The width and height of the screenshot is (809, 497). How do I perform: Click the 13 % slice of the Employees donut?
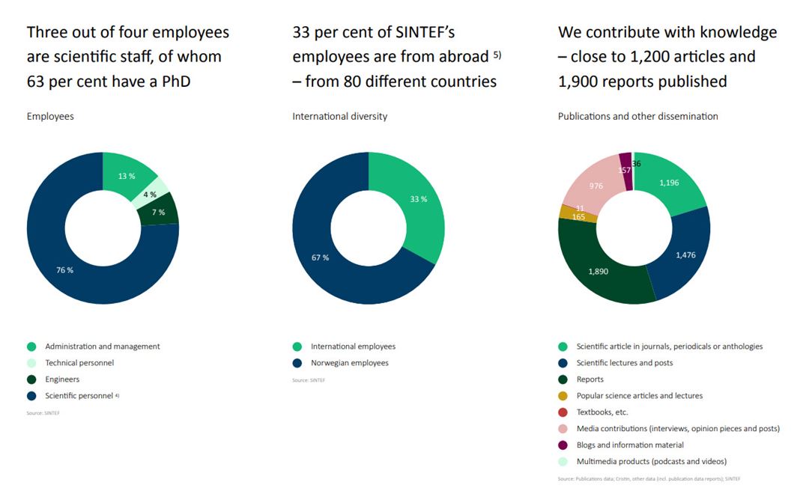click(127, 176)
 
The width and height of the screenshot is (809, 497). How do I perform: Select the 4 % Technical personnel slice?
click(151, 194)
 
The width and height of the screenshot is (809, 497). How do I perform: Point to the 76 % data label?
click(65, 269)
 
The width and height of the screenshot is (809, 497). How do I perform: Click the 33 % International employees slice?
click(418, 199)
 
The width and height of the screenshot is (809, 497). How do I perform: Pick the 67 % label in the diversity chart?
click(320, 257)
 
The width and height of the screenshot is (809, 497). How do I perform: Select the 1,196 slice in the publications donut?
click(669, 183)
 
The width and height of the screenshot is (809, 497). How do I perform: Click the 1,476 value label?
click(685, 255)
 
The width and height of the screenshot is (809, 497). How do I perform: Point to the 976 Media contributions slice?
click(596, 186)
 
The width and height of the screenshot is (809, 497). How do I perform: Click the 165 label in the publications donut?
click(578, 216)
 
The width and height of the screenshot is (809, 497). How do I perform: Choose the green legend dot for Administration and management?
click(31, 347)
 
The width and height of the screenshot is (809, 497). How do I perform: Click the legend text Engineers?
click(62, 379)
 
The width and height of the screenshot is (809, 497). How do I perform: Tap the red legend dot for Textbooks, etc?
click(563, 412)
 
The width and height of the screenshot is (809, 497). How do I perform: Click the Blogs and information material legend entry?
click(630, 445)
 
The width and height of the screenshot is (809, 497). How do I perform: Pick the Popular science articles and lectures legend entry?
click(639, 396)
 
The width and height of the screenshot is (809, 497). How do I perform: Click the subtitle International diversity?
click(339, 116)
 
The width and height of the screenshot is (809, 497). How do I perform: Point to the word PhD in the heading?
click(175, 81)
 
